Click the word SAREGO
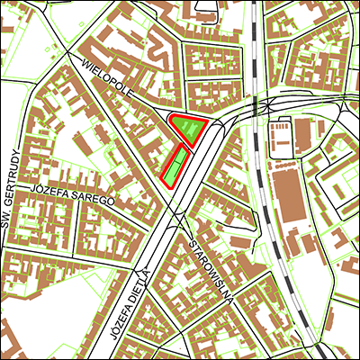94,198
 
